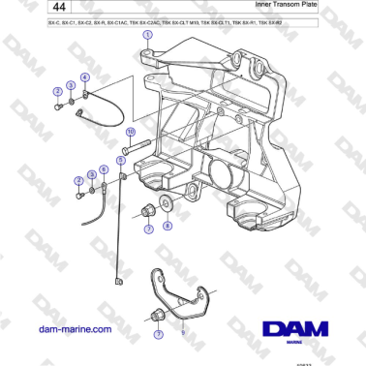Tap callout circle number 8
pos(166,226)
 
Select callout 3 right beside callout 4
pos(71,86)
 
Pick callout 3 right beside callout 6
pos(91,174)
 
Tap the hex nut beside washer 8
pos(147,209)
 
